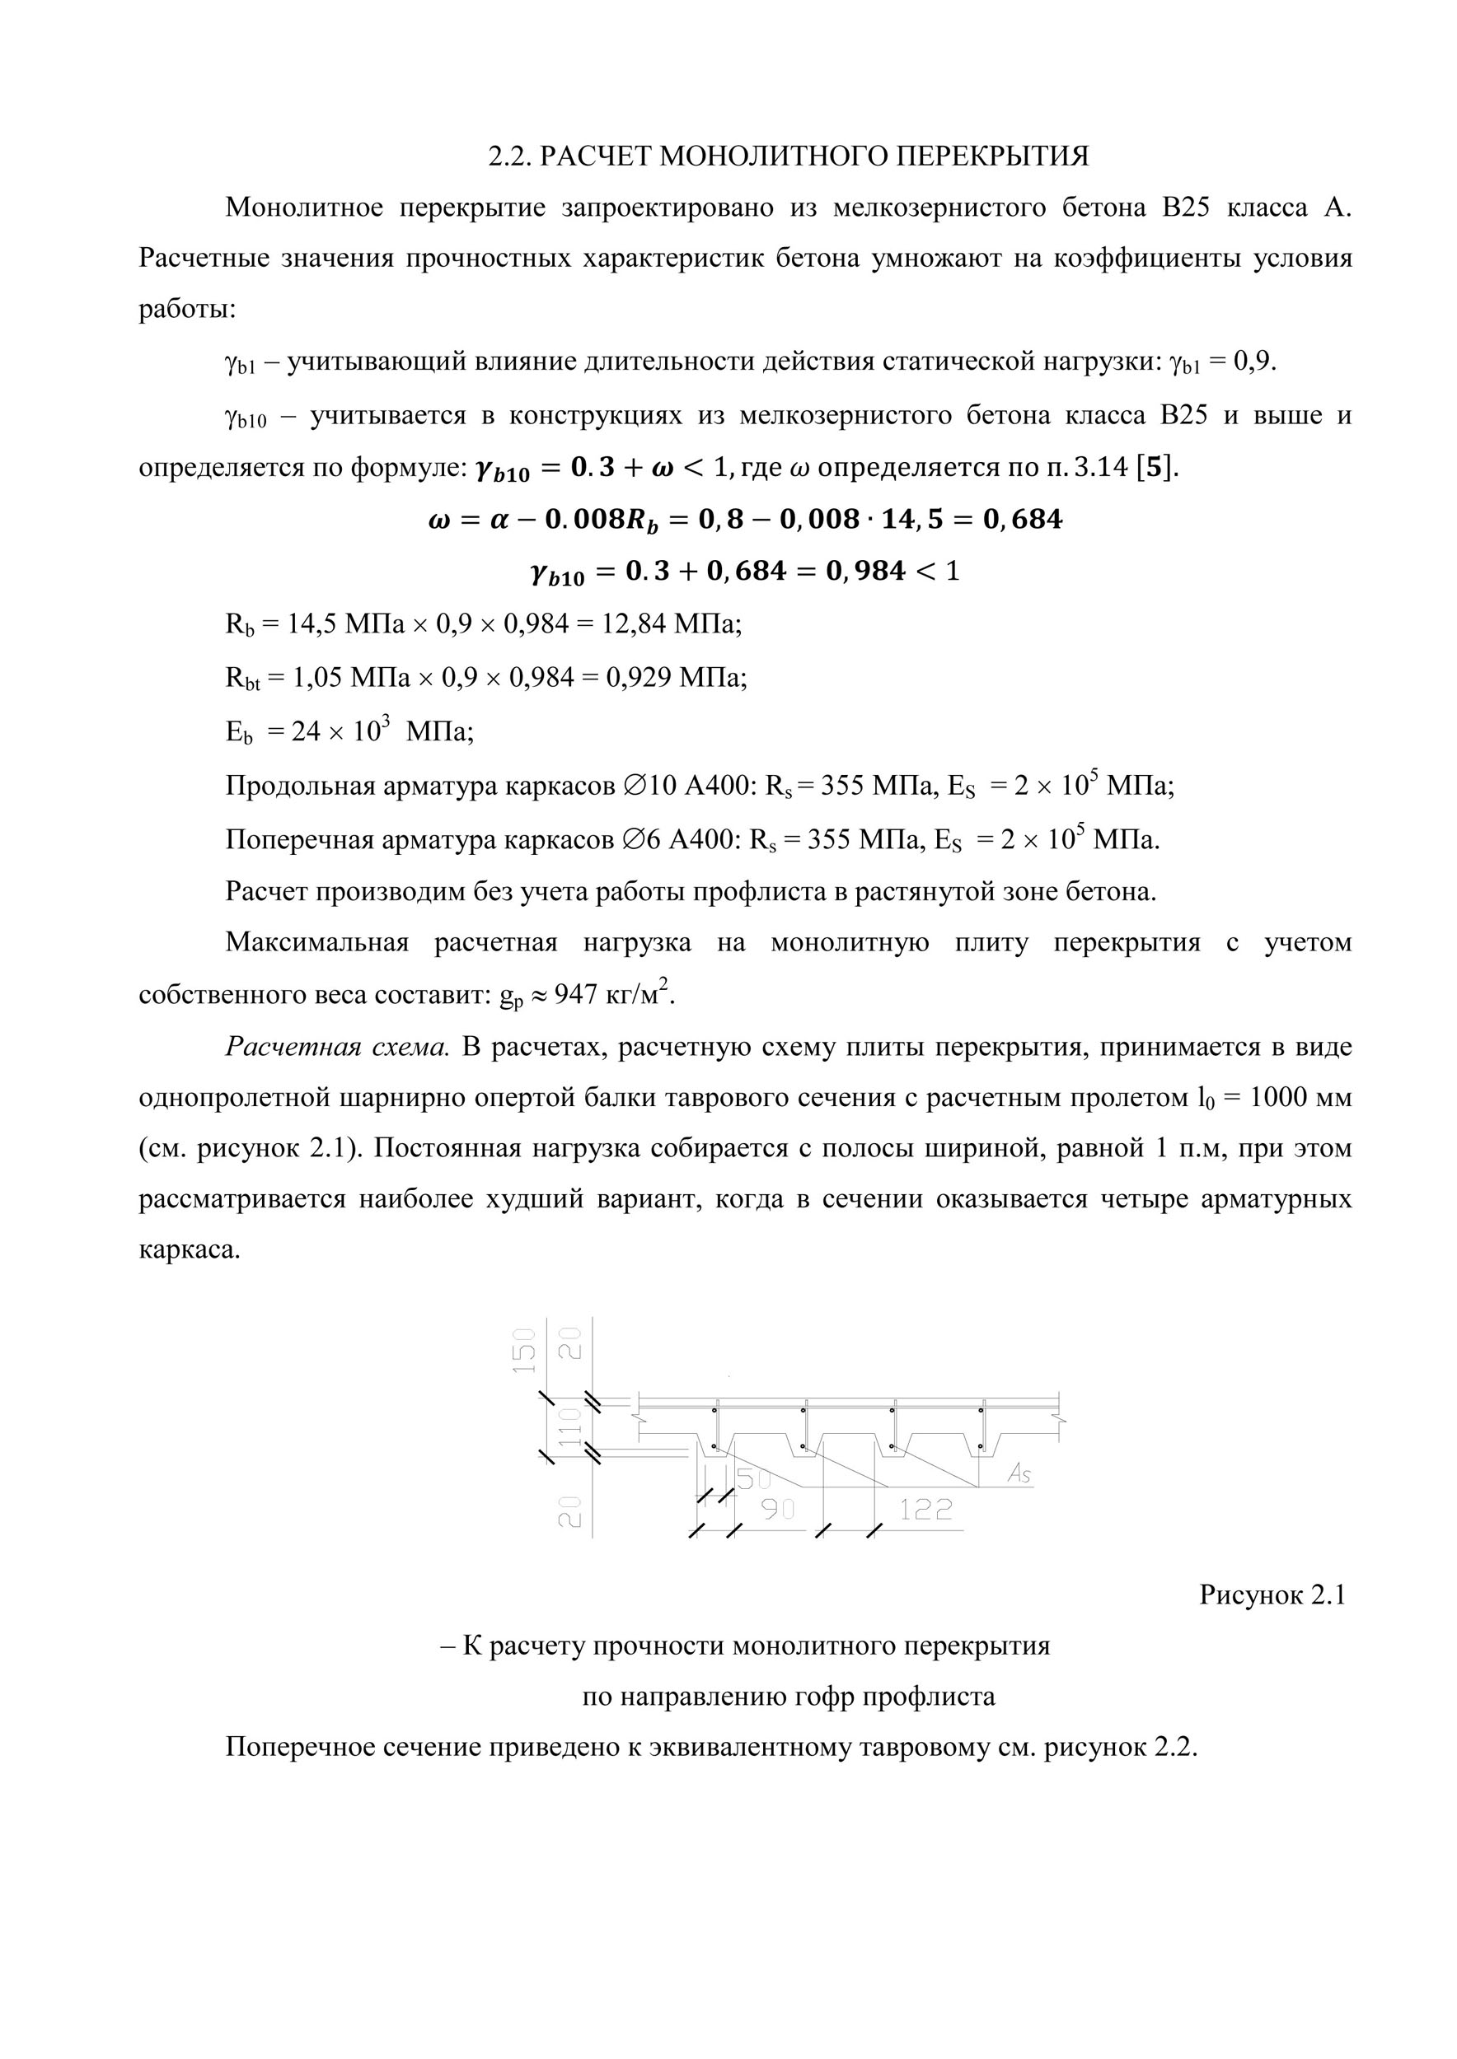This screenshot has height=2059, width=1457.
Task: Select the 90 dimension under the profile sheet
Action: click(778, 1510)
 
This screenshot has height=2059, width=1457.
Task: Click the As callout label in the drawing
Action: click(1019, 1473)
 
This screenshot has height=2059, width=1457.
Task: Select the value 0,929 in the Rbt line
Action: click(639, 677)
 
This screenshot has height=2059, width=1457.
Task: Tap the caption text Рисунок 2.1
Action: click(1272, 1595)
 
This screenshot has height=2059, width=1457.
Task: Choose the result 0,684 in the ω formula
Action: click(1023, 519)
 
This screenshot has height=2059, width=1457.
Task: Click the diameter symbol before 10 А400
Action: click(633, 787)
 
